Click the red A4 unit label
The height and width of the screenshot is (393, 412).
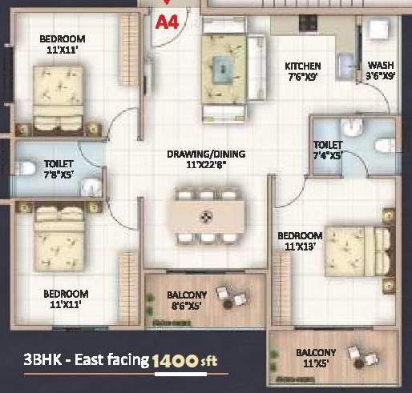(x=167, y=22)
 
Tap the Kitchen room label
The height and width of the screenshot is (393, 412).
(x=303, y=66)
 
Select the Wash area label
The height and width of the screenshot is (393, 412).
(x=381, y=65)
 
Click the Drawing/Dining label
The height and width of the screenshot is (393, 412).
(x=206, y=154)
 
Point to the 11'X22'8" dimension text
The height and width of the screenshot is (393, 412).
(x=206, y=165)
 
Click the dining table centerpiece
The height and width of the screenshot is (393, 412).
(x=206, y=217)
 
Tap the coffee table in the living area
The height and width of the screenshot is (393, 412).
(x=224, y=68)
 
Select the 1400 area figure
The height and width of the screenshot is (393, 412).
(x=176, y=361)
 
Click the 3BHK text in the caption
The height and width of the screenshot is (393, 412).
(x=42, y=359)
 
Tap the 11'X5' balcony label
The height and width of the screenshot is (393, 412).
(x=316, y=363)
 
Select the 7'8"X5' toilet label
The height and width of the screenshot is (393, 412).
(x=59, y=174)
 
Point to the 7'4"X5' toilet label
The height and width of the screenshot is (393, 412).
(x=328, y=156)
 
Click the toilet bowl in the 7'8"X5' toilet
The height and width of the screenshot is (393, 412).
(x=26, y=168)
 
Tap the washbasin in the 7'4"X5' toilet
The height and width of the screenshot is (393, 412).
(x=352, y=126)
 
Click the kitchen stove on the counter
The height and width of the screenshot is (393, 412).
(x=308, y=23)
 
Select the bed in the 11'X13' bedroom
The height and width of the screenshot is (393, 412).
(x=359, y=251)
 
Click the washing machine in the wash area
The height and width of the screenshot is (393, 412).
(x=379, y=29)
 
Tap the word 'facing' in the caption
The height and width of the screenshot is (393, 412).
(x=128, y=360)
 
